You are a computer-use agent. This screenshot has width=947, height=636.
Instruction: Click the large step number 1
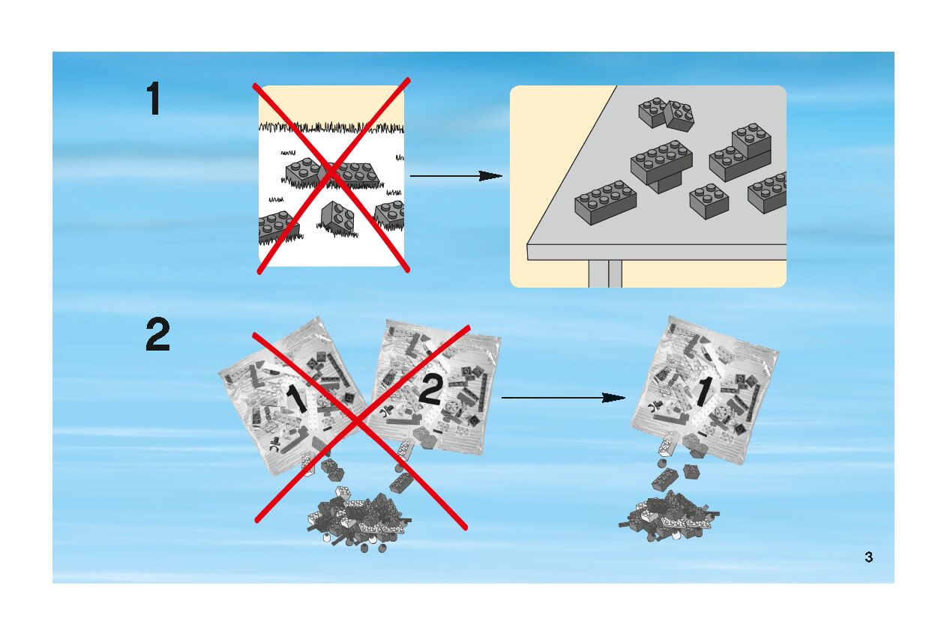(153, 99)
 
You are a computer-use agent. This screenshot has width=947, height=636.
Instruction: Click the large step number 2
(157, 336)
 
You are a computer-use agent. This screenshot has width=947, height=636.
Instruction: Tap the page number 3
(868, 557)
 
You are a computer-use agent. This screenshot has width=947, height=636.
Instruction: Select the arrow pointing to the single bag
(562, 398)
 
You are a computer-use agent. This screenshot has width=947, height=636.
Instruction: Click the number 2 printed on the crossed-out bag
(430, 390)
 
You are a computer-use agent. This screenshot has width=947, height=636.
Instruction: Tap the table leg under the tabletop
(605, 273)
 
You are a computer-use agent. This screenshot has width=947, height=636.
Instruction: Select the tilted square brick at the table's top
(679, 115)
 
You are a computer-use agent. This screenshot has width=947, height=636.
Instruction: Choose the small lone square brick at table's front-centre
(709, 201)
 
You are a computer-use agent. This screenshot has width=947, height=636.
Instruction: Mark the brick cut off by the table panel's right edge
(768, 193)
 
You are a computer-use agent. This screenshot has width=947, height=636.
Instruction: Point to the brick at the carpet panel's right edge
(391, 214)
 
